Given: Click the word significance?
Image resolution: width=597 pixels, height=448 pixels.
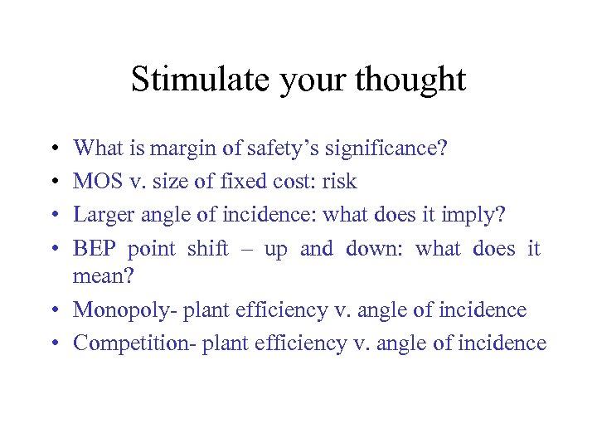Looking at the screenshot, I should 388,149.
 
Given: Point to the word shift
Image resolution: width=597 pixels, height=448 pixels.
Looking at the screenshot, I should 207,249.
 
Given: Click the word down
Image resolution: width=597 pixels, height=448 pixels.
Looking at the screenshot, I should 372,249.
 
